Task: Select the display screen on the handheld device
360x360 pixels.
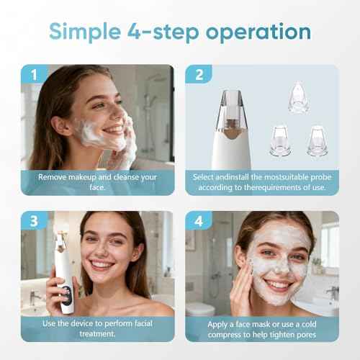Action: point(65,294)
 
